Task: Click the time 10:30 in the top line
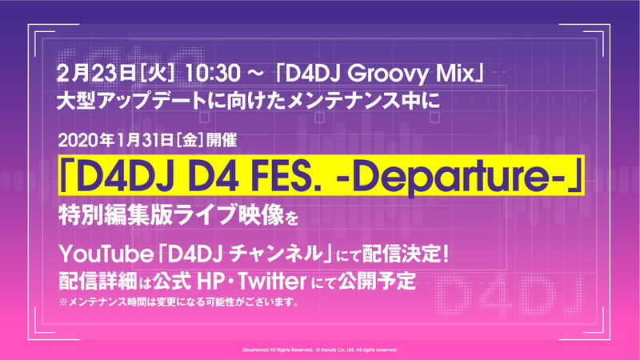212,74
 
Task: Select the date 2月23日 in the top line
96,74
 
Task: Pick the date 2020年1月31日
115,141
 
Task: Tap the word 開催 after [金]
222,141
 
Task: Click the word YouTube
106,254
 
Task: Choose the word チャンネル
275,254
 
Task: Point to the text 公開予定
377,282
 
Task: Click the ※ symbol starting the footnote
64,302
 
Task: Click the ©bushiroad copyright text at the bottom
277,350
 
